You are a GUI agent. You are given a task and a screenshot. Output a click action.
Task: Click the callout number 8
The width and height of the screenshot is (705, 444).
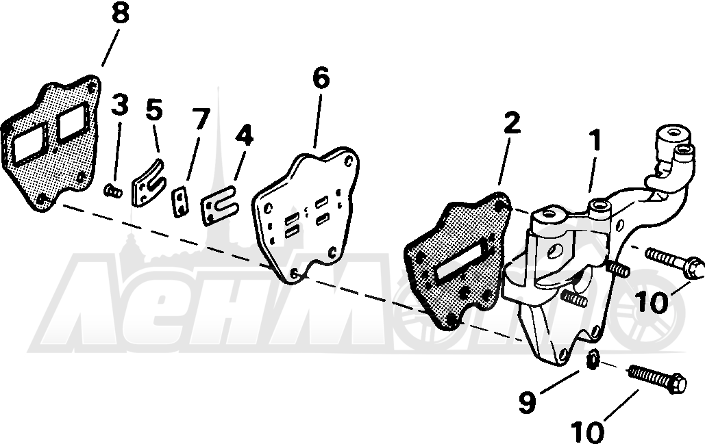click(120, 14)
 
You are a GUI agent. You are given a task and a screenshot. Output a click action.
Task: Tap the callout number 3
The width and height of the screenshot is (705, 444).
click(120, 105)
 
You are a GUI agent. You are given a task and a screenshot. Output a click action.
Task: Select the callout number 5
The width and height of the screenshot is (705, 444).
click(153, 110)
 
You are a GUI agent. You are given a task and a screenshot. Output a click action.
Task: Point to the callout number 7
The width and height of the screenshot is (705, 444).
click(201, 119)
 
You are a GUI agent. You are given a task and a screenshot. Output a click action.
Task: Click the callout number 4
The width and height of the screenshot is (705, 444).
click(244, 135)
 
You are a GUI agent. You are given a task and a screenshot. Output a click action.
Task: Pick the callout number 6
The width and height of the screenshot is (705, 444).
click(321, 78)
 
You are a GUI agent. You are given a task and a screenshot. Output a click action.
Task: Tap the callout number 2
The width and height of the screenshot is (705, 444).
click(511, 123)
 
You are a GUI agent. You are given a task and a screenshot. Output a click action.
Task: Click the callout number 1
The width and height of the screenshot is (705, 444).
click(595, 140)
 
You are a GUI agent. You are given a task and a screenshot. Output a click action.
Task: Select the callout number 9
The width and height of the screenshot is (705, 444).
click(527, 402)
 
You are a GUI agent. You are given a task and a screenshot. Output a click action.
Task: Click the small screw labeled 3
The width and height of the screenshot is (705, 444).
click(113, 192)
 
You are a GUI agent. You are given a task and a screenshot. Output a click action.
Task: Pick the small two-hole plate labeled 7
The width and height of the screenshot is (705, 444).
click(181, 203)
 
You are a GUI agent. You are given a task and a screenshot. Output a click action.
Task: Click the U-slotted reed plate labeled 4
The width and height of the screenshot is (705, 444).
click(219, 206)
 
